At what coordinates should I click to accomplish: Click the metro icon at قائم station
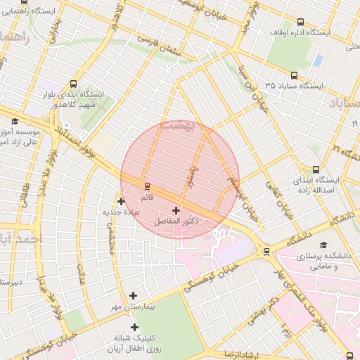[x=147, y=186]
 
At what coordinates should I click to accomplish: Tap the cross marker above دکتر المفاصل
[x=176, y=210]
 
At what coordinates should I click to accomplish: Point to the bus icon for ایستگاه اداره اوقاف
[x=301, y=22]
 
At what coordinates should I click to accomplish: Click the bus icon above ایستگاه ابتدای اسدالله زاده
[x=316, y=169]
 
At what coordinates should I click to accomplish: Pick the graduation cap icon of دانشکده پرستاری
[x=323, y=245]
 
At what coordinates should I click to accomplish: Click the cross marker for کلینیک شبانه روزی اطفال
[x=134, y=327]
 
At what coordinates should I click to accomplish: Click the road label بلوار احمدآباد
[x=70, y=141]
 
